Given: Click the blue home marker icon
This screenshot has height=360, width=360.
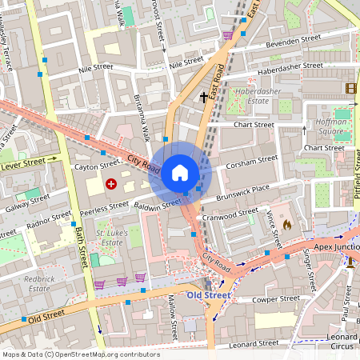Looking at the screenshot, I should pos(180,172).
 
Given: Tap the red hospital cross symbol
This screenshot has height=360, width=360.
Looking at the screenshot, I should pos(110,184).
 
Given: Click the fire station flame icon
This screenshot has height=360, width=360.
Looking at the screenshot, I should pos(287,226).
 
